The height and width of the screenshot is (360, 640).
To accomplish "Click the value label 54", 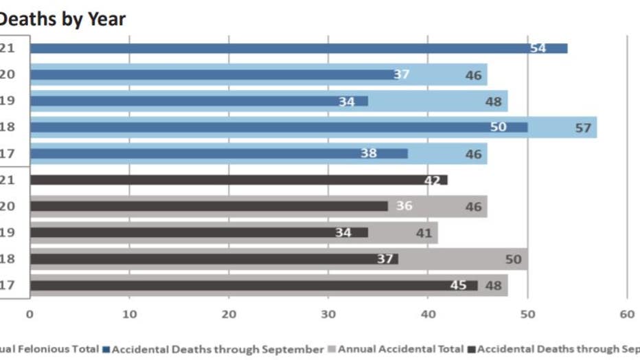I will tap(538, 48).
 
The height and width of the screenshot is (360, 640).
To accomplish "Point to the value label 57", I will tap(582, 128).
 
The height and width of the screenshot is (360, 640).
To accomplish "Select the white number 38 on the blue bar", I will tap(369, 153).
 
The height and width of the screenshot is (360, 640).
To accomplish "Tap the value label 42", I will tap(433, 180).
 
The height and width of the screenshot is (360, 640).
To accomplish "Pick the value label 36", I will tap(404, 206).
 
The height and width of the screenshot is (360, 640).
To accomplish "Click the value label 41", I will tap(424, 233).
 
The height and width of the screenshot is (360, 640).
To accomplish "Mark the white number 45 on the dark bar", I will tap(458, 285).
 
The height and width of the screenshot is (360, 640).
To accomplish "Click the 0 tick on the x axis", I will tap(30, 314).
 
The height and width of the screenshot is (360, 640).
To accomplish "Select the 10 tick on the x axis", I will tap(129, 314).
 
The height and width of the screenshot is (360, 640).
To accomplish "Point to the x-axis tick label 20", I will tap(229, 314).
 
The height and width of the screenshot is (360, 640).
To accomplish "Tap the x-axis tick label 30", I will tap(328, 314).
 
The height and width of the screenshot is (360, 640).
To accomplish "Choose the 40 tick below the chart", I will tap(428, 314).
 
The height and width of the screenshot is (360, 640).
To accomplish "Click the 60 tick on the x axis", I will tap(626, 314).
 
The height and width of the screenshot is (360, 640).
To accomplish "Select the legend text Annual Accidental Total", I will tap(400, 349).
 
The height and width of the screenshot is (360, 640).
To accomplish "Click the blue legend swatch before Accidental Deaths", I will tap(106, 349).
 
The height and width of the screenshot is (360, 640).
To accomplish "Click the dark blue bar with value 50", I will tap(275, 127).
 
